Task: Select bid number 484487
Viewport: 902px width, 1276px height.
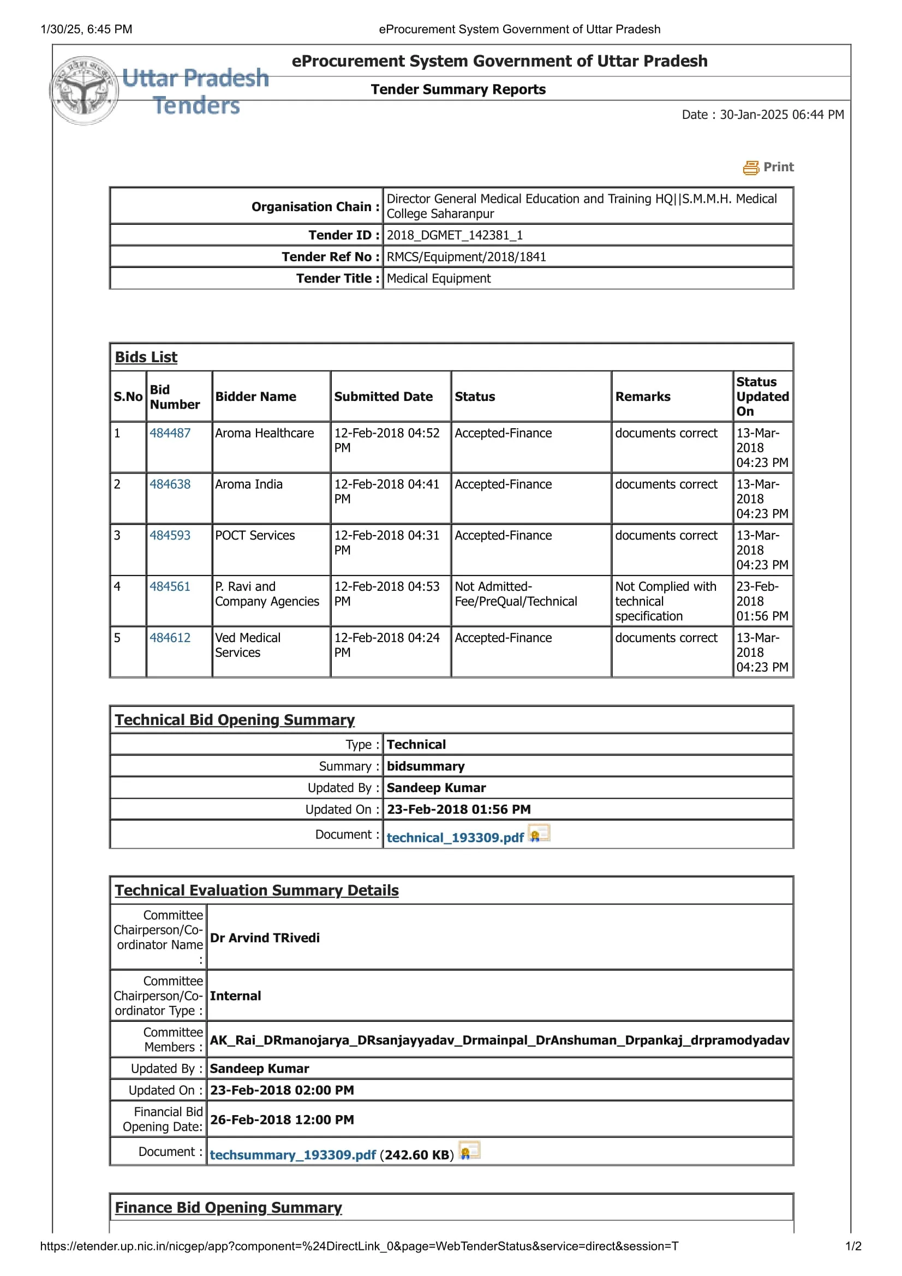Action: click(x=170, y=433)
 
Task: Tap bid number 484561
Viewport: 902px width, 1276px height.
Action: click(x=170, y=586)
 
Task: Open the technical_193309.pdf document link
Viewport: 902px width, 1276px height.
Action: click(x=455, y=837)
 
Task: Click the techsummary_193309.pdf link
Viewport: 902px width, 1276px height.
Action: click(x=293, y=1155)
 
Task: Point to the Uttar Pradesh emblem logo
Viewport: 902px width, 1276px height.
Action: click(x=85, y=91)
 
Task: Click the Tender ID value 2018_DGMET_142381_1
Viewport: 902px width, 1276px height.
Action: click(x=455, y=235)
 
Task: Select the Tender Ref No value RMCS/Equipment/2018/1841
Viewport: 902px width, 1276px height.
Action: click(x=467, y=257)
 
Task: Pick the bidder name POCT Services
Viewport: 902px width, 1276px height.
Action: click(x=255, y=535)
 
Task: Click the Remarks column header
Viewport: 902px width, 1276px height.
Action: click(x=642, y=397)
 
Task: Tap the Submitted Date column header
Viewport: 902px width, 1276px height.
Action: click(x=383, y=397)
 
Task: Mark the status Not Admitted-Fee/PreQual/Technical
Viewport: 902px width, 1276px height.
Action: click(x=516, y=594)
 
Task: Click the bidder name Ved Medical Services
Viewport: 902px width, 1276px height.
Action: click(x=248, y=645)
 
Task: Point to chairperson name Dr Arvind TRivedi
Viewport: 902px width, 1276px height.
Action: click(x=265, y=938)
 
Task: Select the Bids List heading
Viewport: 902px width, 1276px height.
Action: click(x=146, y=357)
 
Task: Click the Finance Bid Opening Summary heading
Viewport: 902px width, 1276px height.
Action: click(x=229, y=1208)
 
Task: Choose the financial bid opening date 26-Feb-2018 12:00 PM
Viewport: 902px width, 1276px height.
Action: click(x=282, y=1120)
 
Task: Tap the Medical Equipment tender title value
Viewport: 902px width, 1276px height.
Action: click(x=439, y=278)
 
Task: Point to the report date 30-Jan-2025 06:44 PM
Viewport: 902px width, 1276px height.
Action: click(x=781, y=115)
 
